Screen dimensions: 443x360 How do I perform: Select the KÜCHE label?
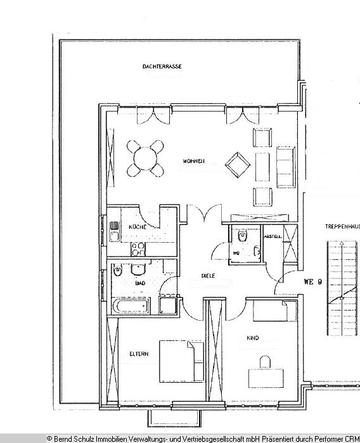click(138, 227)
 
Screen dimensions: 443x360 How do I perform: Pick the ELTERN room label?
click(139, 354)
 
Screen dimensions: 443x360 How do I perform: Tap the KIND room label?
click(253, 338)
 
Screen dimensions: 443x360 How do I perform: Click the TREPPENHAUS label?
click(342, 226)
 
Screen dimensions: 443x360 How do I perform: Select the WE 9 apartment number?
click(314, 281)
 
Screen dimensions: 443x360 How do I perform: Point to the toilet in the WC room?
click(241, 236)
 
